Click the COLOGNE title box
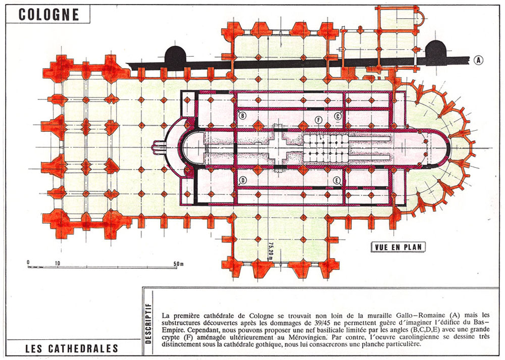click(x=47, y=14)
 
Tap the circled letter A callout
click(x=479, y=60)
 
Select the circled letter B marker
click(x=242, y=115)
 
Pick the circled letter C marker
click(x=337, y=116)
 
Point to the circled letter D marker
click(x=242, y=180)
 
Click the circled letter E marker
click(x=337, y=180)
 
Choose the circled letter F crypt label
click(x=319, y=120)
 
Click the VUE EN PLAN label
click(x=398, y=247)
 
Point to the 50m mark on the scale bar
click(x=178, y=264)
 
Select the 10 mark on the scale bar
click(x=57, y=264)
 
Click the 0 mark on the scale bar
click(x=28, y=263)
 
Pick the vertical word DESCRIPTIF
click(x=148, y=323)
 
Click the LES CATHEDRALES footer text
click(x=72, y=348)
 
